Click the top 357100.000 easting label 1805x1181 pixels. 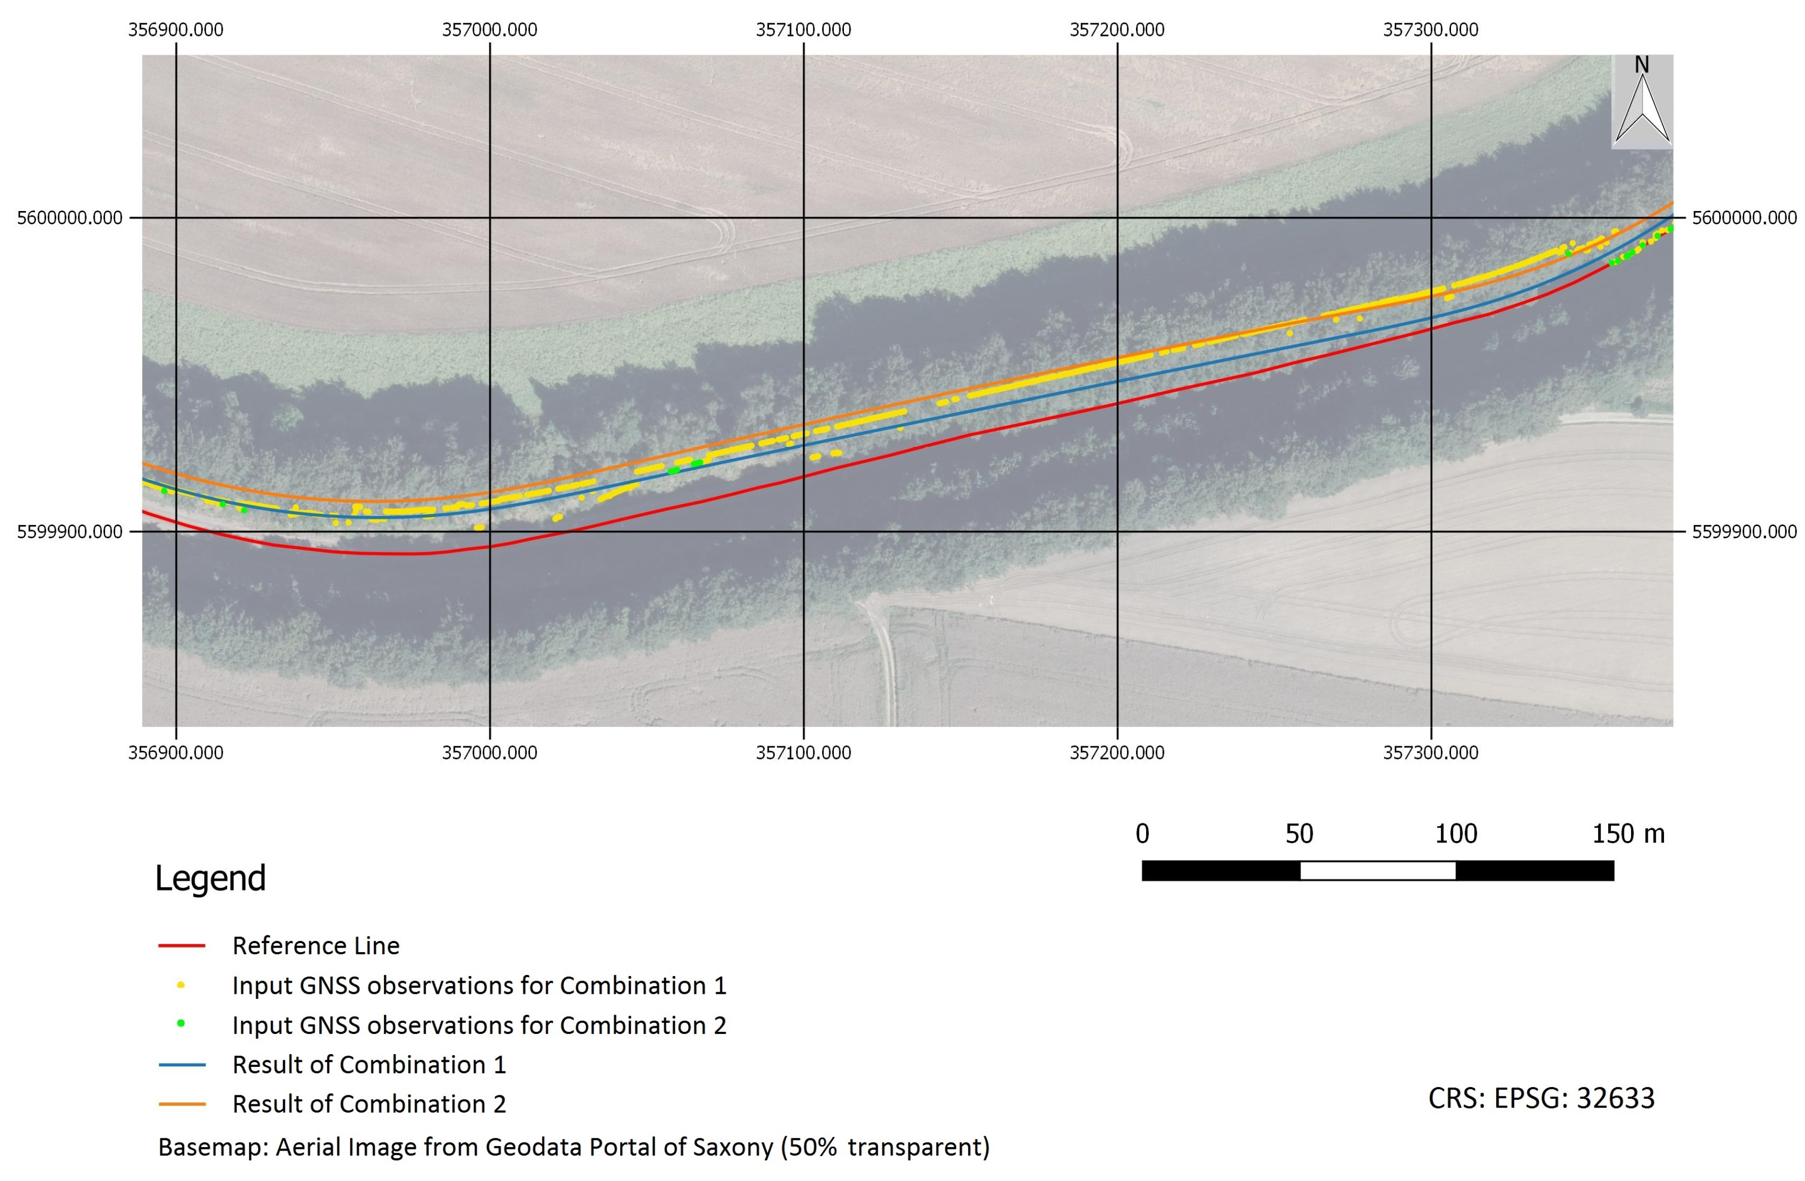point(803,29)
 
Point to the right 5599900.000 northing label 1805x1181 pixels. point(1744,532)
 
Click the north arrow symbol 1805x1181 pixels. point(1642,110)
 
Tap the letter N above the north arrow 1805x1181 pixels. point(1641,65)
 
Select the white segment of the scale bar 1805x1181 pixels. point(1377,871)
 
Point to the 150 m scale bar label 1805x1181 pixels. point(1627,833)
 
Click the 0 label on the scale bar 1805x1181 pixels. point(1142,833)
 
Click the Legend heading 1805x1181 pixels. point(210,878)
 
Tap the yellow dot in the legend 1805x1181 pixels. point(181,985)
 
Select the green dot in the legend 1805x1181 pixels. point(181,1023)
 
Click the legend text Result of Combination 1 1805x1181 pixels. point(369,1064)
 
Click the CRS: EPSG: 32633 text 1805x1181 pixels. point(1541,1098)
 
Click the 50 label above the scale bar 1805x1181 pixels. point(1299,833)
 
